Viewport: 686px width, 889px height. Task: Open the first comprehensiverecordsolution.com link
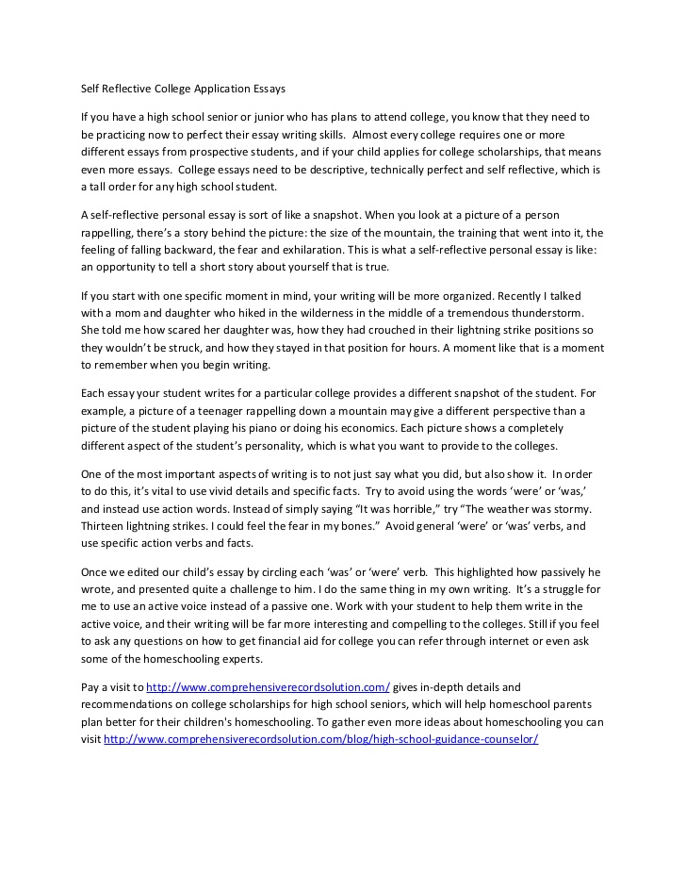pyautogui.click(x=268, y=687)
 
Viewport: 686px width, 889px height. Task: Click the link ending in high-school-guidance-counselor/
pyautogui.click(x=320, y=739)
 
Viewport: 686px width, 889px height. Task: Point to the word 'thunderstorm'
pyautogui.click(x=547, y=311)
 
